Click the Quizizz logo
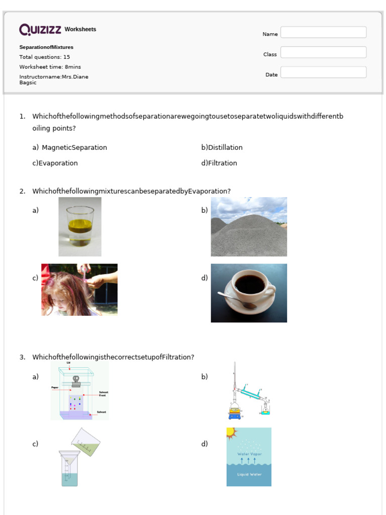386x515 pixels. pyautogui.click(x=41, y=30)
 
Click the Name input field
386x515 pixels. pyautogui.click(x=323, y=33)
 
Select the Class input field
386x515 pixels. pyautogui.click(x=323, y=53)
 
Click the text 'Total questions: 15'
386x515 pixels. pyautogui.click(x=45, y=57)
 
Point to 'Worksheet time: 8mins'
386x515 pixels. pyautogui.click(x=50, y=67)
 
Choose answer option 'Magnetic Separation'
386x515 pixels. pyautogui.click(x=74, y=148)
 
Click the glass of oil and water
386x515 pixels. pyautogui.click(x=80, y=226)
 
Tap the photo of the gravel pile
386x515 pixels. pyautogui.click(x=249, y=227)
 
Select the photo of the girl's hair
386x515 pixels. pyautogui.click(x=79, y=290)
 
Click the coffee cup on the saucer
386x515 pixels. pyautogui.click(x=251, y=287)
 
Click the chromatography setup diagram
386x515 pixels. pyautogui.click(x=79, y=391)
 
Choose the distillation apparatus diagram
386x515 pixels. pyautogui.click(x=249, y=391)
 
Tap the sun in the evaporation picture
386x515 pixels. pyautogui.click(x=231, y=433)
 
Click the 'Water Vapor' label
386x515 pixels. pyautogui.click(x=249, y=454)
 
